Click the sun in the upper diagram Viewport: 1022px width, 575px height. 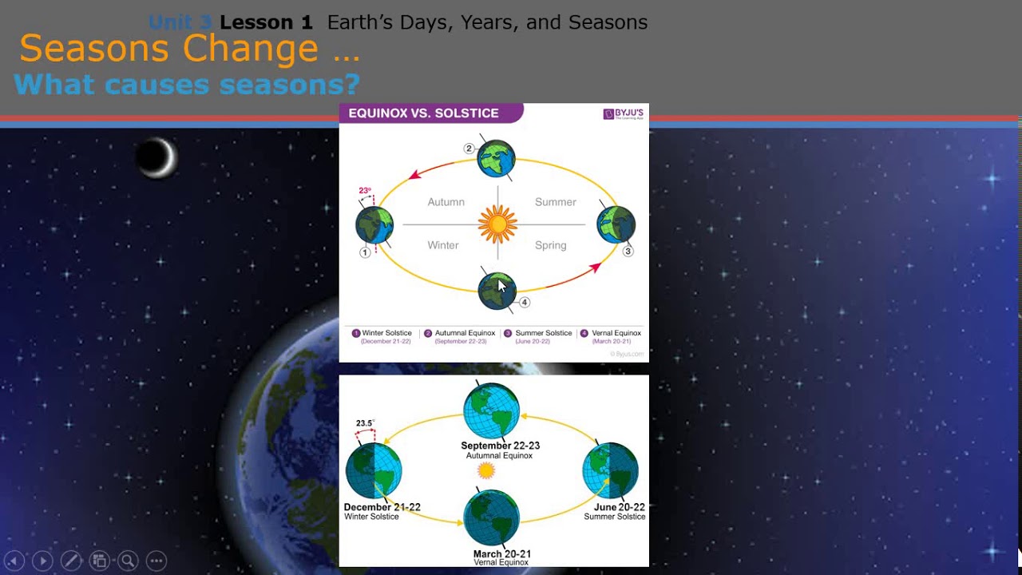tap(497, 224)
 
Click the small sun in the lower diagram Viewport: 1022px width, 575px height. tap(486, 470)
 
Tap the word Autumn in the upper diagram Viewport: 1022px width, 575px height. tap(446, 202)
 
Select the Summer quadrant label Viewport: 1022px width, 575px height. tap(555, 202)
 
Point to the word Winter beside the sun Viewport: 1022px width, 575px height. tap(442, 245)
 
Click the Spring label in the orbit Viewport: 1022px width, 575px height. tap(550, 245)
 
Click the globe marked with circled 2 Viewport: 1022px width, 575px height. tap(496, 159)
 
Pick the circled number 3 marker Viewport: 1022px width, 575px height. tap(628, 251)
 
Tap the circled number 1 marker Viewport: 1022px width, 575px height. tap(365, 252)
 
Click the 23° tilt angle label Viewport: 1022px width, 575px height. tap(365, 191)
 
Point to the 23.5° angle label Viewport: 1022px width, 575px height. tap(365, 423)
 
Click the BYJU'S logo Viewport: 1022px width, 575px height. tap(623, 114)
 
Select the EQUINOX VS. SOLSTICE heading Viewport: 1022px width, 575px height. tap(423, 113)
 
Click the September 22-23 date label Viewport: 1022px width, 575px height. tap(500, 446)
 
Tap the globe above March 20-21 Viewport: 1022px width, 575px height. tap(492, 517)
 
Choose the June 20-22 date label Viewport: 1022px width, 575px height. tap(619, 507)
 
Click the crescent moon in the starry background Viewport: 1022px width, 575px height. tap(156, 157)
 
